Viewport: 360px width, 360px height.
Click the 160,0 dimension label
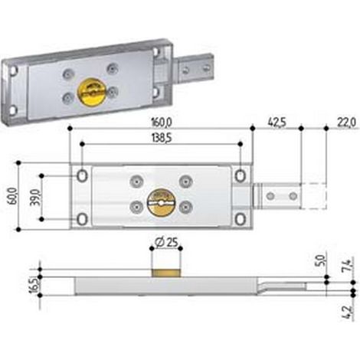(x=162, y=123)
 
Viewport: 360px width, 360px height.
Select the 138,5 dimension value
(x=162, y=139)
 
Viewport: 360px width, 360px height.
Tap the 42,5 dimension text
(x=277, y=123)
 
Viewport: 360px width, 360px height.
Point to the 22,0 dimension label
(x=346, y=123)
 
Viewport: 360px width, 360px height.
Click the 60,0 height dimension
(x=13, y=196)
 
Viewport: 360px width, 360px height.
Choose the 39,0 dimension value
(x=36, y=198)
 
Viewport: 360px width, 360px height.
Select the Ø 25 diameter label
(x=166, y=242)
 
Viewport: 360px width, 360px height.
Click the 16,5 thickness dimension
(x=34, y=285)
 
